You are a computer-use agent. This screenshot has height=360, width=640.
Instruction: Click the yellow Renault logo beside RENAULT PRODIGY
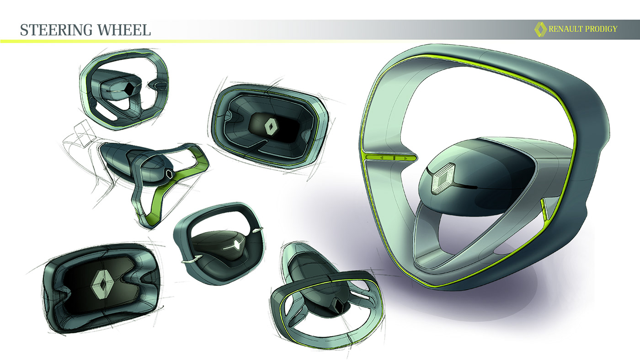(540, 29)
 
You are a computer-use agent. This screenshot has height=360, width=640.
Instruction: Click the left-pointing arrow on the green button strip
(379, 158)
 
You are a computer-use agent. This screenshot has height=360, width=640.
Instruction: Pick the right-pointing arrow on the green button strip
(405, 158)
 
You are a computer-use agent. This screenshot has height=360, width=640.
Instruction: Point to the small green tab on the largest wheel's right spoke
(544, 208)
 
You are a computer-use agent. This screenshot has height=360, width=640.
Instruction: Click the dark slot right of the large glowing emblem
(467, 187)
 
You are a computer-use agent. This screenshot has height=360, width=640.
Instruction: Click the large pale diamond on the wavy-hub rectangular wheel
(103, 285)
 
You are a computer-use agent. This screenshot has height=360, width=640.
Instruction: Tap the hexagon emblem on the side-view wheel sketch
(168, 175)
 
